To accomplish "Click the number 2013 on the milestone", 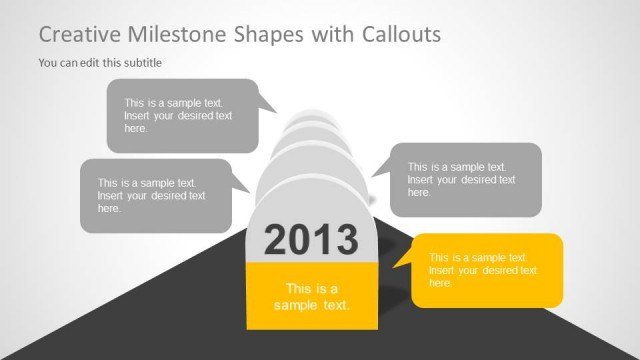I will [x=310, y=240].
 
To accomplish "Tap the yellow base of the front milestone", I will [x=311, y=296].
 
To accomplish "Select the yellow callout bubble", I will [x=488, y=270].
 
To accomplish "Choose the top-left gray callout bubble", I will [x=181, y=115].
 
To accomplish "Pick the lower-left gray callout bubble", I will [x=155, y=196].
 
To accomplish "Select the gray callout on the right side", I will [x=466, y=180].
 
